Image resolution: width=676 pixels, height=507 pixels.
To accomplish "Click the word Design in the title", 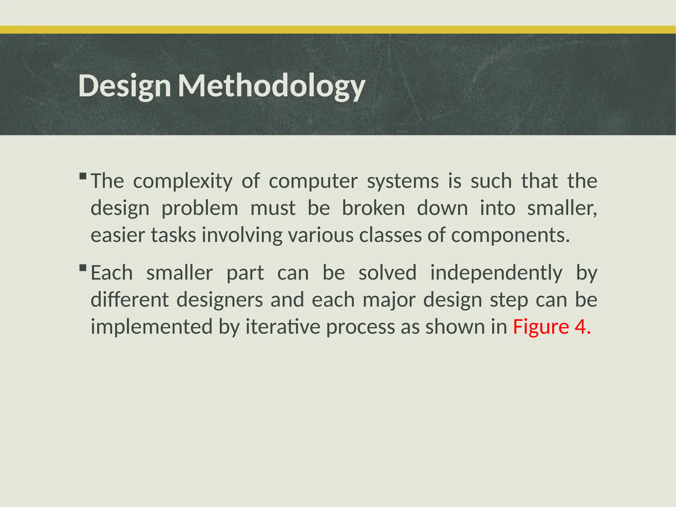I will point(124,86).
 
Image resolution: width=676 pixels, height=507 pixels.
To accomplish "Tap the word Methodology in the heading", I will point(271,86).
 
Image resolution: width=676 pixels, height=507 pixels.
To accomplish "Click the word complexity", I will point(183,181).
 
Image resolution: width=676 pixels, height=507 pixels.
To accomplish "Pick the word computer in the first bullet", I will point(313,181).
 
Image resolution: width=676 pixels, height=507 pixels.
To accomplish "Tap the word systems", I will point(403,181).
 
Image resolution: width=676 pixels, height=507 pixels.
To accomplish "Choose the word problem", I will point(200,208).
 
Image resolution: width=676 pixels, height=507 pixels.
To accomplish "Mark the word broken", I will point(373,208).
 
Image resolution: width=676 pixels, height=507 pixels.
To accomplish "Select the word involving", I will point(242,235).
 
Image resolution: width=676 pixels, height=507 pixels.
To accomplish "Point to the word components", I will point(510,235).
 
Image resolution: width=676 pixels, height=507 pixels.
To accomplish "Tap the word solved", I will point(387,273).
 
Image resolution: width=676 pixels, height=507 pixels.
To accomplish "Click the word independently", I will point(496,273).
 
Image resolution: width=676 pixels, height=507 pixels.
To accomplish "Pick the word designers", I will point(220,300).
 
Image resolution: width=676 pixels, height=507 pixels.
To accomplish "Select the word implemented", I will point(152,327).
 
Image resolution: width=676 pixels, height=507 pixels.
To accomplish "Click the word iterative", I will point(283,327).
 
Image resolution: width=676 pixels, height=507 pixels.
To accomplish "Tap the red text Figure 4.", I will point(552,327).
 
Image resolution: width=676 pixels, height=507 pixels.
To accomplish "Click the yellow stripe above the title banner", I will point(338,30).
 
